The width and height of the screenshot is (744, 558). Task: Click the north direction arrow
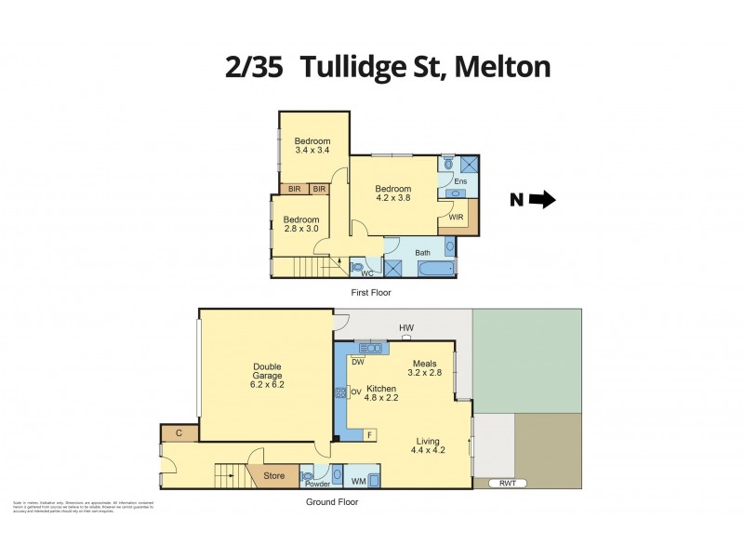click(x=542, y=199)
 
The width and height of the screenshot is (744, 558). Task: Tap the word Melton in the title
click(x=502, y=67)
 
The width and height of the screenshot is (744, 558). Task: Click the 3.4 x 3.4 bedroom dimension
click(x=312, y=150)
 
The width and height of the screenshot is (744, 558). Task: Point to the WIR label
click(x=456, y=218)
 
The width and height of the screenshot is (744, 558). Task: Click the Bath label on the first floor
click(x=422, y=252)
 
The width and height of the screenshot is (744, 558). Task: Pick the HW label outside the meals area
click(x=405, y=328)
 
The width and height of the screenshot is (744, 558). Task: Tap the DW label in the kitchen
click(x=357, y=362)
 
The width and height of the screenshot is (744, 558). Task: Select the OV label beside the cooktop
click(x=356, y=392)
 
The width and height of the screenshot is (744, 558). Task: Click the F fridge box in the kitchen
click(x=369, y=434)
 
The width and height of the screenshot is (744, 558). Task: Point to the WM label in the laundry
click(x=359, y=481)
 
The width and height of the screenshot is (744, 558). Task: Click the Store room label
click(x=273, y=476)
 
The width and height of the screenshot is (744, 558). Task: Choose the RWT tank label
click(x=507, y=483)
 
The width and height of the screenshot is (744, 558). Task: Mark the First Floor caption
click(x=370, y=292)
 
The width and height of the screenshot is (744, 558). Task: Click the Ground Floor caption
click(x=332, y=501)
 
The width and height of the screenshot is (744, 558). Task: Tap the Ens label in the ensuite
click(x=459, y=181)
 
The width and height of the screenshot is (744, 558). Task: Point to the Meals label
click(x=424, y=364)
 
